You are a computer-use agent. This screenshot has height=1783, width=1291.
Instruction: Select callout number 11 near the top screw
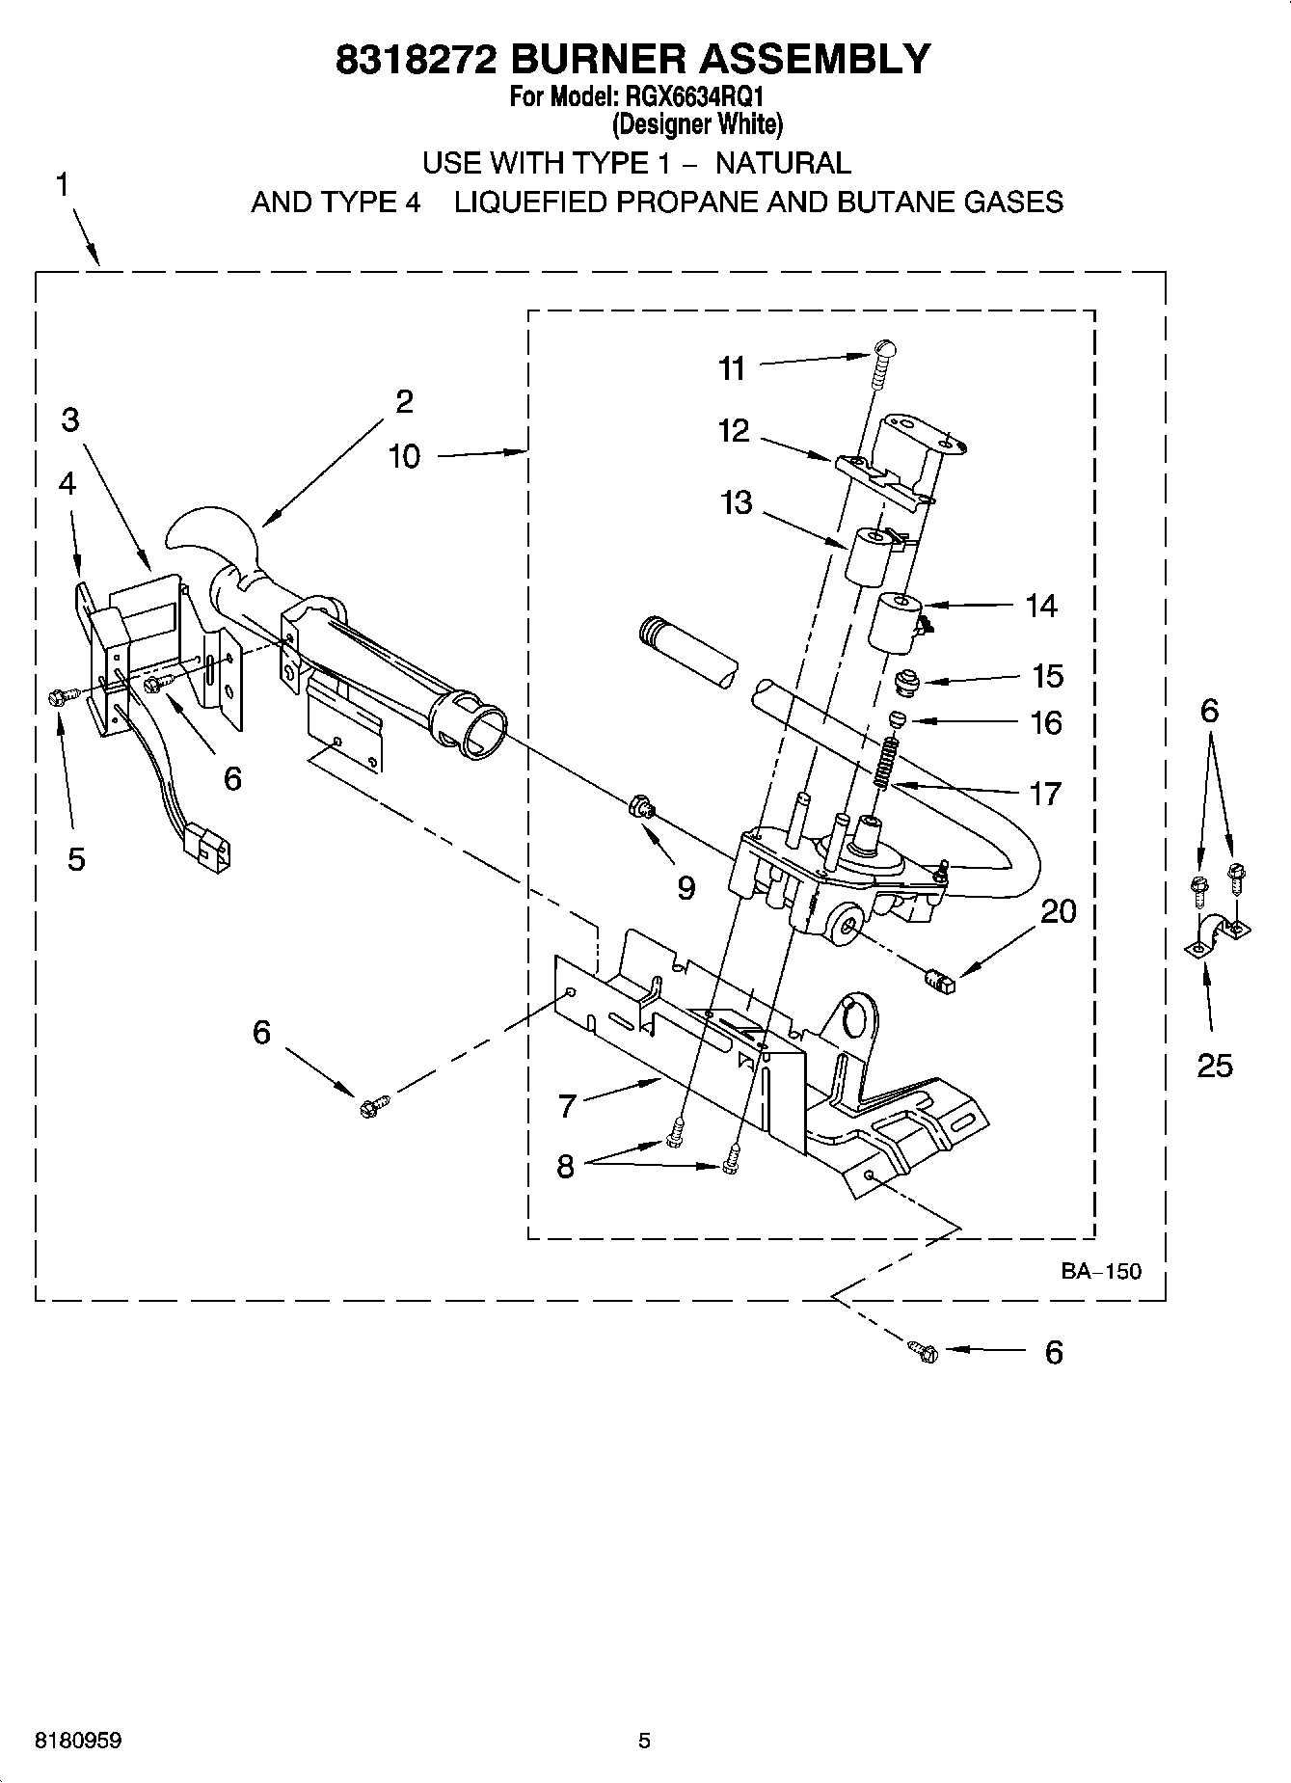click(733, 368)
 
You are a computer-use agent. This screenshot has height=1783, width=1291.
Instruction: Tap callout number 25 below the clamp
click(1214, 1066)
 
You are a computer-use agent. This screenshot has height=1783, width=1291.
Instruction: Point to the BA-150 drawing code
click(1101, 1271)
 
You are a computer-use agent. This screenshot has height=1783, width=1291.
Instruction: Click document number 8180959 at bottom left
click(78, 1741)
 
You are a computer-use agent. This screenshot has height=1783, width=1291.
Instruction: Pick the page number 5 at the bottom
click(644, 1741)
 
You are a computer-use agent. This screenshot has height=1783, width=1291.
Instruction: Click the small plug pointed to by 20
click(938, 982)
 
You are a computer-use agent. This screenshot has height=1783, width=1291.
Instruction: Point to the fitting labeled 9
click(640, 805)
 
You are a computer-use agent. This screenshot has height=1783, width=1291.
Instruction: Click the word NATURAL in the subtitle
click(783, 163)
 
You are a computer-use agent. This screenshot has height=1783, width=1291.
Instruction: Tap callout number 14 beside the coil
click(1041, 606)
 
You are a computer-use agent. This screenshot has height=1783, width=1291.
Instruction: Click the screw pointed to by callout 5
click(56, 696)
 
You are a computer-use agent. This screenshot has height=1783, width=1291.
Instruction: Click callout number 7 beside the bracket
click(567, 1106)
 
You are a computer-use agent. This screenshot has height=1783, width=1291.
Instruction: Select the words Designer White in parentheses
click(697, 124)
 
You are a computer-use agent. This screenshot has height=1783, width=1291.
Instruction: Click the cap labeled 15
click(905, 682)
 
